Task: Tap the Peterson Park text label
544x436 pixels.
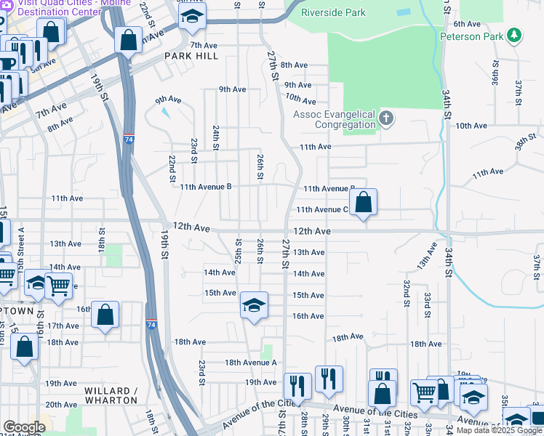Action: [471, 36]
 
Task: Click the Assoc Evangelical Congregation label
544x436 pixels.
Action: [333, 119]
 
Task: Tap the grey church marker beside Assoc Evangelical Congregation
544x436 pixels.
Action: [386, 118]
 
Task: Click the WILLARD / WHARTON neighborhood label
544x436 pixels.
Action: [111, 395]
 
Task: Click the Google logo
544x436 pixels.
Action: [23, 427]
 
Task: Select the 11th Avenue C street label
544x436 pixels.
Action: [322, 210]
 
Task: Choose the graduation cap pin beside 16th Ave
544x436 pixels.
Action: [253, 305]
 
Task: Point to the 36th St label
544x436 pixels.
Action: [495, 73]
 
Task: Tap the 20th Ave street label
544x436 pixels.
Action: [61, 405]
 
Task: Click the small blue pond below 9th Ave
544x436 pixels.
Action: [166, 113]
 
